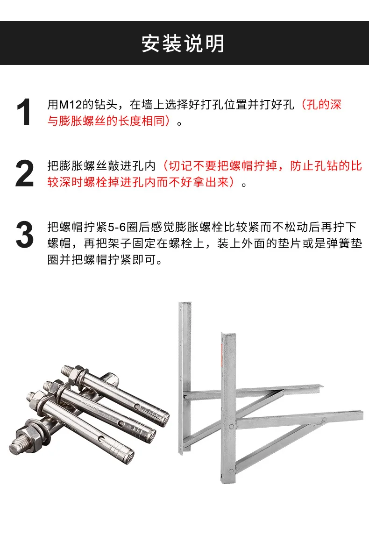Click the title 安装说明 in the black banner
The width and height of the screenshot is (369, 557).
pos(183,43)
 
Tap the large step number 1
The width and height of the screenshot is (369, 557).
pos(24,112)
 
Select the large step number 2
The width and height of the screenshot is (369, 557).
pos(24,173)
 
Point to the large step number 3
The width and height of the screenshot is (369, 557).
pos(24,235)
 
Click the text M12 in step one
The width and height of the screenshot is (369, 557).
pos(71,105)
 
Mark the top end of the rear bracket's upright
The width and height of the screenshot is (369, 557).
pos(185,303)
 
